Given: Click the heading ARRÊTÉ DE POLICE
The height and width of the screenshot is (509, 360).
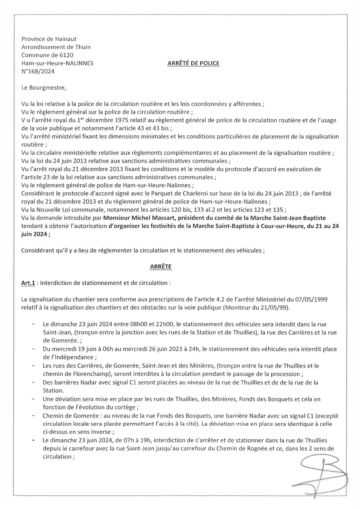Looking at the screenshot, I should pos(193,63).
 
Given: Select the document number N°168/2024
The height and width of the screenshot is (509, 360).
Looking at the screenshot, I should pos(38,71).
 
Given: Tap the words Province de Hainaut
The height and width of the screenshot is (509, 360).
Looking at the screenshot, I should pos(49,39).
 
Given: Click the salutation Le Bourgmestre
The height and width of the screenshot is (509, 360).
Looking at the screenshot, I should pos(43,87).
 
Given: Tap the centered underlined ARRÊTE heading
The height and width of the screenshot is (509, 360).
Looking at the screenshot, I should pos(160,267).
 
